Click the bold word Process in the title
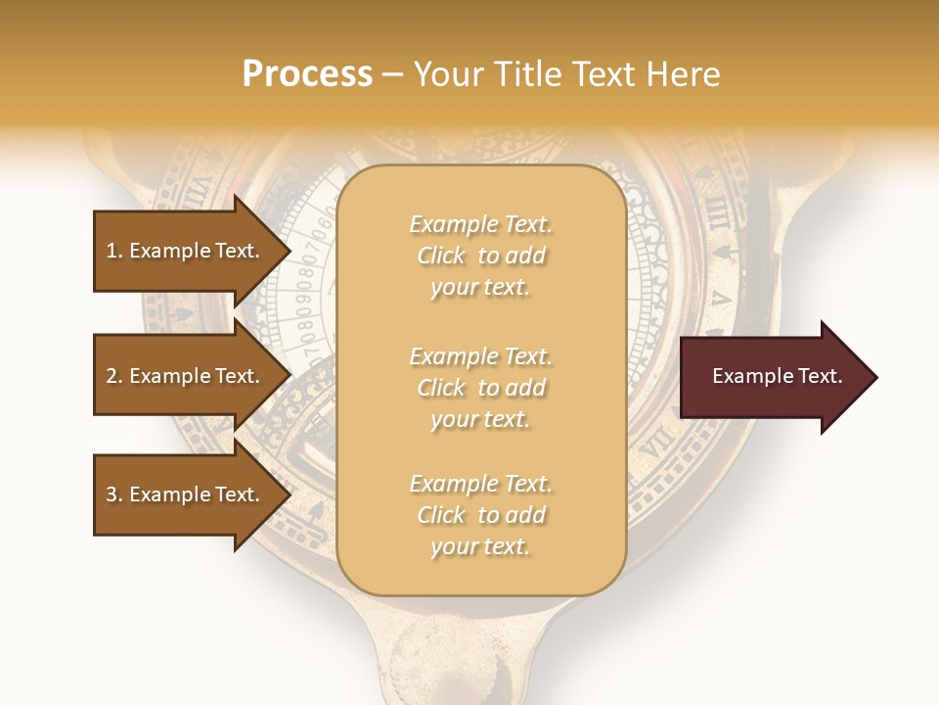click(307, 74)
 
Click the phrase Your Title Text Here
click(566, 74)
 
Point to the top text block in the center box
click(480, 256)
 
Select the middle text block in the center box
click(480, 388)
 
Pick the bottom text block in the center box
click(480, 515)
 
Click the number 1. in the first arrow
click(113, 251)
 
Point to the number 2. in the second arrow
click(113, 376)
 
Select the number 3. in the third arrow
click(113, 494)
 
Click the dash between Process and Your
click(392, 75)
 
